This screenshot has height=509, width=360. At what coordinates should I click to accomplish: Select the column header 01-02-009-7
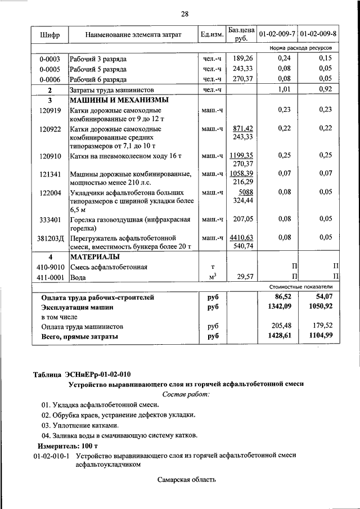pos(276,35)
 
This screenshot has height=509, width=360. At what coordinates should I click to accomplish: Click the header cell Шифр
pos(50,35)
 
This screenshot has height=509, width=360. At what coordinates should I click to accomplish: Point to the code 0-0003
pos(49,58)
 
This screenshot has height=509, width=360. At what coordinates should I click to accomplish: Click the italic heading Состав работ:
pos(186,394)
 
